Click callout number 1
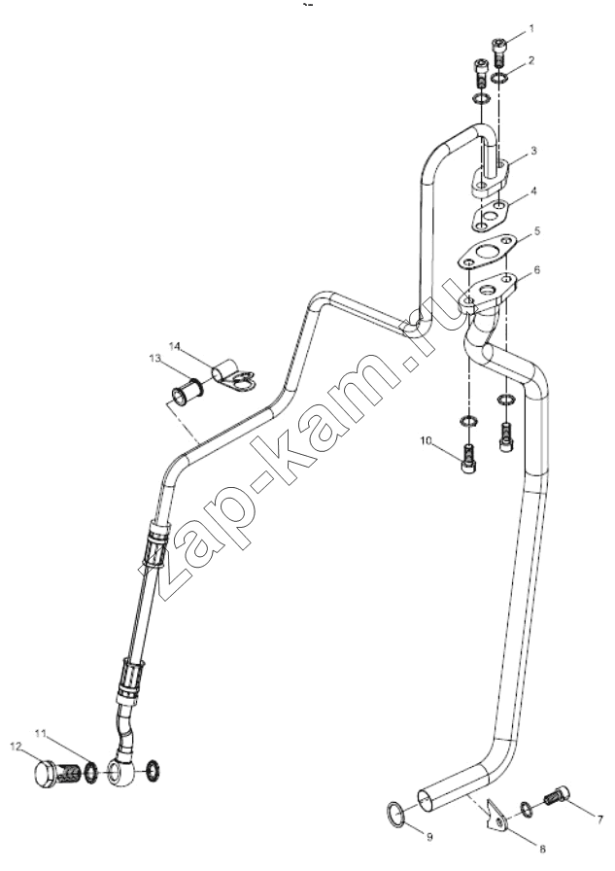tap(531, 28)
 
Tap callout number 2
tap(531, 59)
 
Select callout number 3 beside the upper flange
tap(533, 151)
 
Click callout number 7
tap(598, 819)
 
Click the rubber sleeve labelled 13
tap(186, 392)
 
